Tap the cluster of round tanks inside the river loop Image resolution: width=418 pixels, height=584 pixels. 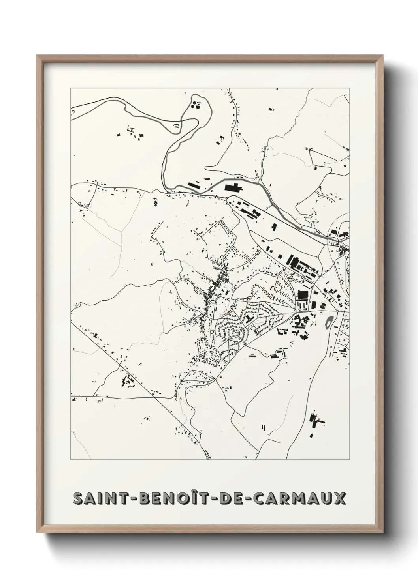196,105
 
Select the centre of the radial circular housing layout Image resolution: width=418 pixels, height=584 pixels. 237,333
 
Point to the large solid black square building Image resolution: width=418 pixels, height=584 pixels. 303,295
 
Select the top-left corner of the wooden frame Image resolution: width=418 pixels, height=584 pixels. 37,56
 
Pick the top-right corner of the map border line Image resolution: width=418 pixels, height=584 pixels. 349,88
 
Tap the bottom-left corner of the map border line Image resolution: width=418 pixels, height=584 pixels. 71,460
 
